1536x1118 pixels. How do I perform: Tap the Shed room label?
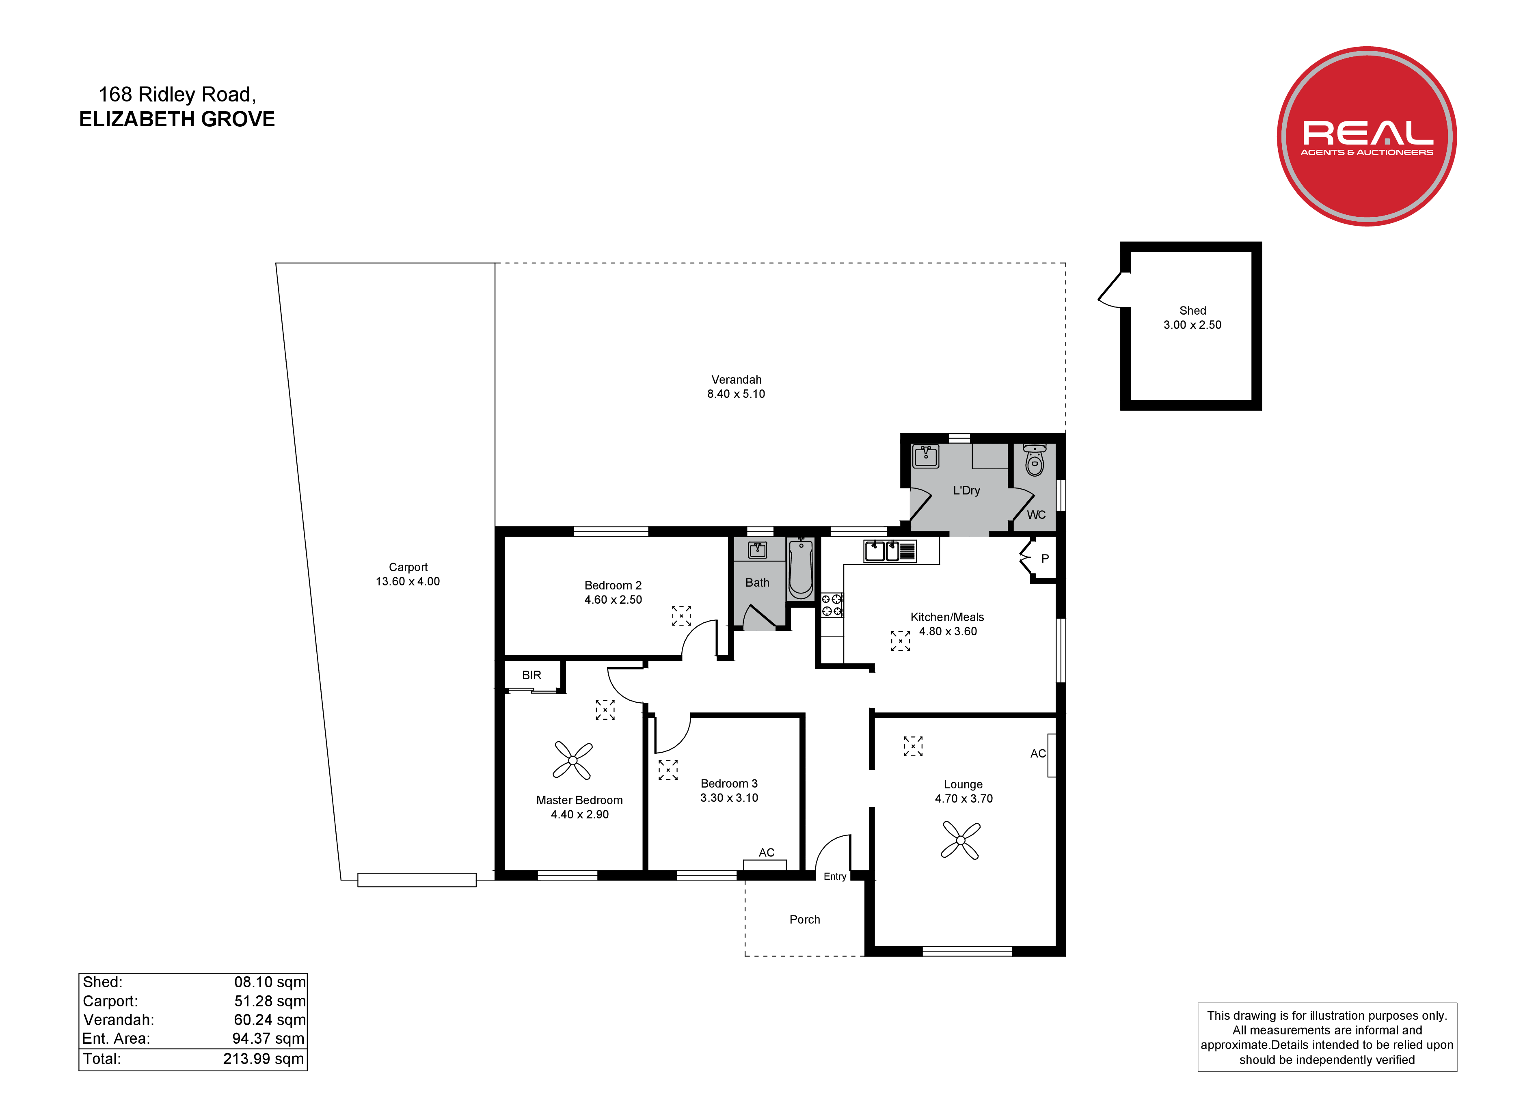tap(1193, 311)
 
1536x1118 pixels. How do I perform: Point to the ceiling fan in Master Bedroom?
tap(573, 760)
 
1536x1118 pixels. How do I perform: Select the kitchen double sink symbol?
tap(890, 551)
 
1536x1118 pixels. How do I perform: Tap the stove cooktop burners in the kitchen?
tap(832, 605)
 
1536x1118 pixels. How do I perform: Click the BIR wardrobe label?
tap(531, 675)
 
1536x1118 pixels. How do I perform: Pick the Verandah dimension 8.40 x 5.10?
tap(736, 394)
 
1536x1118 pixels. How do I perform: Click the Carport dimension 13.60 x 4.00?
tap(408, 582)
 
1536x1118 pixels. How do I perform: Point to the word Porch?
tap(805, 919)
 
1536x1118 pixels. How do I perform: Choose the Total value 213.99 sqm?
tap(264, 1059)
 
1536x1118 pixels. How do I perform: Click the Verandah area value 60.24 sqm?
tap(270, 1020)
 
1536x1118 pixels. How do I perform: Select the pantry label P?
tap(1045, 559)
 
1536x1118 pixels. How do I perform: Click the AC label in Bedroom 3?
tap(767, 853)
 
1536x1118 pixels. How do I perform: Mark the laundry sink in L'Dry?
tap(926, 456)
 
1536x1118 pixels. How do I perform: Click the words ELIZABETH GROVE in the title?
tap(177, 119)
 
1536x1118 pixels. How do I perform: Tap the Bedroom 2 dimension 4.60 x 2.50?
tap(614, 600)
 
